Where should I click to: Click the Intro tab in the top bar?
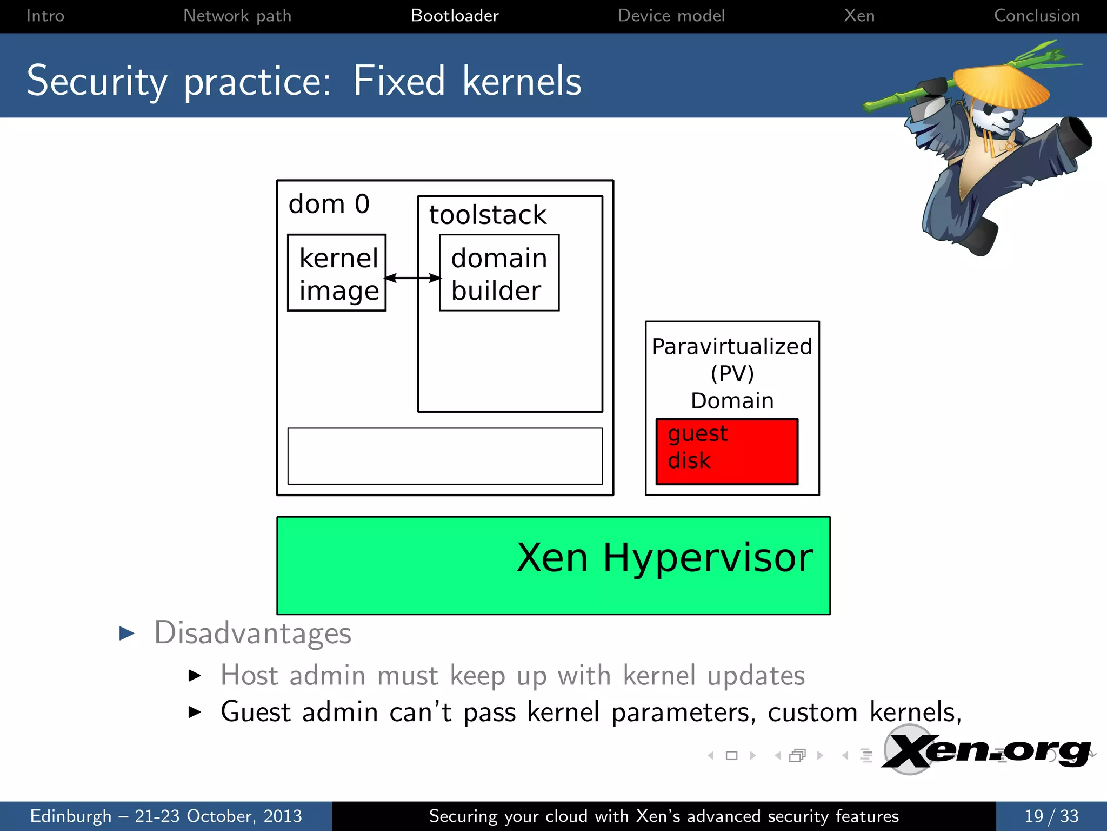[x=45, y=16]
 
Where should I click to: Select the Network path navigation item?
[x=237, y=16]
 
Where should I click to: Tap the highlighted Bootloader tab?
[x=455, y=16]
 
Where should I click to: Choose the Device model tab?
[x=671, y=16]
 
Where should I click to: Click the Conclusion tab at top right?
[x=1037, y=16]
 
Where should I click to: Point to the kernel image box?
[x=337, y=273]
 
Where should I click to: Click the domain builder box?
[x=499, y=273]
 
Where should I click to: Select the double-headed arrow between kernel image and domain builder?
[x=412, y=278]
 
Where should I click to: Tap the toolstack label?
[x=488, y=215]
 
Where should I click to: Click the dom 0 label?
[x=329, y=205]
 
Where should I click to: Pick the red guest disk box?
[x=726, y=451]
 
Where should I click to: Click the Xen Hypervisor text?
[x=664, y=557]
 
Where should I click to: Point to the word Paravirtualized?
[x=732, y=347]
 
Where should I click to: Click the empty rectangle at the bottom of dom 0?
[x=445, y=456]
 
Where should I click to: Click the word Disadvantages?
[x=252, y=633]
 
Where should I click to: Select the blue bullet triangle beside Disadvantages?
[x=126, y=634]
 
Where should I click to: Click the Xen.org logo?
[x=986, y=751]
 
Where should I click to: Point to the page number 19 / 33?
[x=1051, y=816]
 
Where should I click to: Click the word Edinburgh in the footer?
[x=71, y=816]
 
